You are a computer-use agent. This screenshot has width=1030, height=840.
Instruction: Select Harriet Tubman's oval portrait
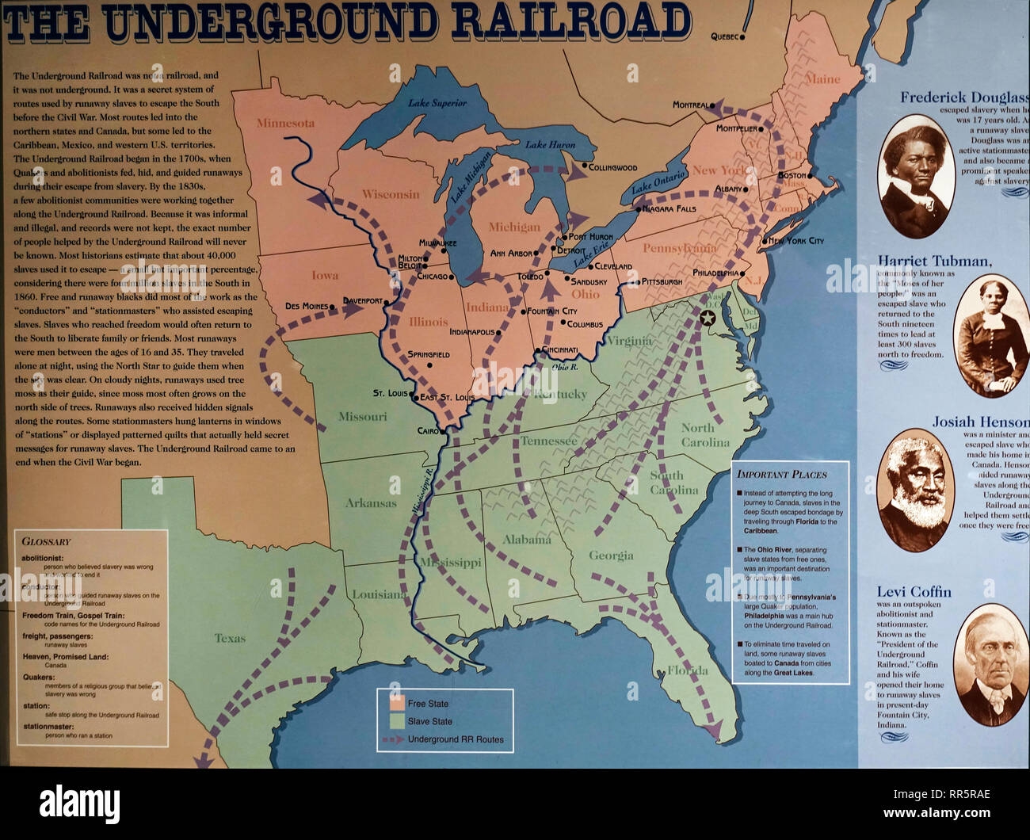click(x=990, y=335)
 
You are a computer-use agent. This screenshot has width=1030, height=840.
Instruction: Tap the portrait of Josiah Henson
click(x=914, y=490)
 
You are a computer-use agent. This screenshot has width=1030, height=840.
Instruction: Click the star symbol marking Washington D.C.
click(x=708, y=318)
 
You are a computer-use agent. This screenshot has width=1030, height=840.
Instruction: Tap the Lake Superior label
click(x=437, y=103)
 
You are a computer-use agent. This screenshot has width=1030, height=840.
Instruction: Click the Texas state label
click(x=230, y=638)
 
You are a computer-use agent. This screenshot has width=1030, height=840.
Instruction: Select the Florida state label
click(x=688, y=670)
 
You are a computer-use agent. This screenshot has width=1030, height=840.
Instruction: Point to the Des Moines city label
click(x=307, y=306)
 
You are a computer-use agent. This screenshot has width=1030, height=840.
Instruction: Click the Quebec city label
click(x=724, y=36)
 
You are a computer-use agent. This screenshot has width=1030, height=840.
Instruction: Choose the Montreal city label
click(x=690, y=105)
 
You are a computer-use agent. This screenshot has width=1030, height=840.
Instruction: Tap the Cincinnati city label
click(x=559, y=349)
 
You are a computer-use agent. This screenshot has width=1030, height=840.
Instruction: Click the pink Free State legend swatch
click(x=396, y=703)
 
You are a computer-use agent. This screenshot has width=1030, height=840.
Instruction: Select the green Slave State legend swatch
click(x=396, y=721)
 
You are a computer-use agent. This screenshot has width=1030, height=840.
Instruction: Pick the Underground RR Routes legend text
click(x=456, y=739)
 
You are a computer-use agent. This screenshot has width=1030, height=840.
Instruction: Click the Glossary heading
click(x=46, y=542)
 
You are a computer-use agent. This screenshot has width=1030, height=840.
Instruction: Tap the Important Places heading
click(x=781, y=475)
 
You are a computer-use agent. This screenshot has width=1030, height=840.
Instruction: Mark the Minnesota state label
click(x=285, y=123)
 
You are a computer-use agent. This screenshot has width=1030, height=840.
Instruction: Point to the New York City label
click(x=796, y=241)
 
